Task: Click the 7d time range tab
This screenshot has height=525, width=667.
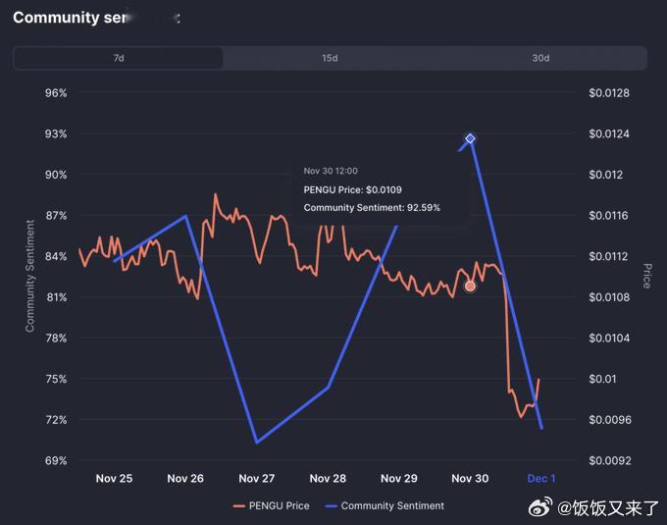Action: pos(119,58)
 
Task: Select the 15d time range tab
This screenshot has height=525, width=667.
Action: pos(330,58)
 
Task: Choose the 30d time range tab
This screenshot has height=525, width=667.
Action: pos(540,58)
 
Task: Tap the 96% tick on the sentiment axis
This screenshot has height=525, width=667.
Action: pos(56,93)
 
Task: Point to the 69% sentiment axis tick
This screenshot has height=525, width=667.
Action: pos(56,460)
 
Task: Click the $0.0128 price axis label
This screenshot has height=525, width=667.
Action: pos(608,93)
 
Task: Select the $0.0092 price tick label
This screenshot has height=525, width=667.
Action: pos(608,460)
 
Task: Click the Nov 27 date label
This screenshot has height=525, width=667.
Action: pos(256,479)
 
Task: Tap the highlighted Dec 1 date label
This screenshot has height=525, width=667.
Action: pos(541,479)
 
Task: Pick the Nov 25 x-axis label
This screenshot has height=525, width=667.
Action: pos(114,479)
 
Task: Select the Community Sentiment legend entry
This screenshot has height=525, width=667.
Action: pos(385,506)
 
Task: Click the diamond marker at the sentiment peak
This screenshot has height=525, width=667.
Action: pos(470,139)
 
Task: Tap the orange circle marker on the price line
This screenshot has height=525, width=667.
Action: pos(470,286)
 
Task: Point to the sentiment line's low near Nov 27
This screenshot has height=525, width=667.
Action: pos(256,443)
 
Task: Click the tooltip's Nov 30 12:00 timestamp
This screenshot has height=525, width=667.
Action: pos(331,171)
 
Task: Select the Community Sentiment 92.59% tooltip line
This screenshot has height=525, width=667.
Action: pos(372,208)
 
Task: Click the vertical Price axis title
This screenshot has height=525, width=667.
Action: pos(646,276)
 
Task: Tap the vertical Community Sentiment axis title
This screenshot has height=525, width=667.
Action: pos(30,276)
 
